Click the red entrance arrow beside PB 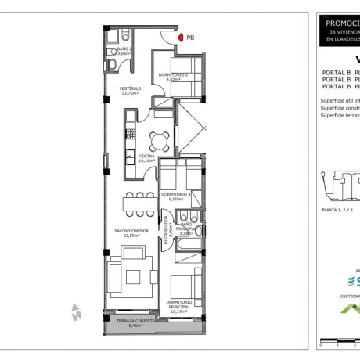tap(180, 37)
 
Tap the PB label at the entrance tap(191, 37)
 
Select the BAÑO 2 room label tap(113, 49)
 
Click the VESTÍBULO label tap(130, 88)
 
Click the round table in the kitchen tap(160, 141)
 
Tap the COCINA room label tap(147, 156)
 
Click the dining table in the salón tap(139, 203)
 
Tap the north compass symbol tap(76, 311)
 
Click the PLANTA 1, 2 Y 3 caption tap(337, 210)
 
